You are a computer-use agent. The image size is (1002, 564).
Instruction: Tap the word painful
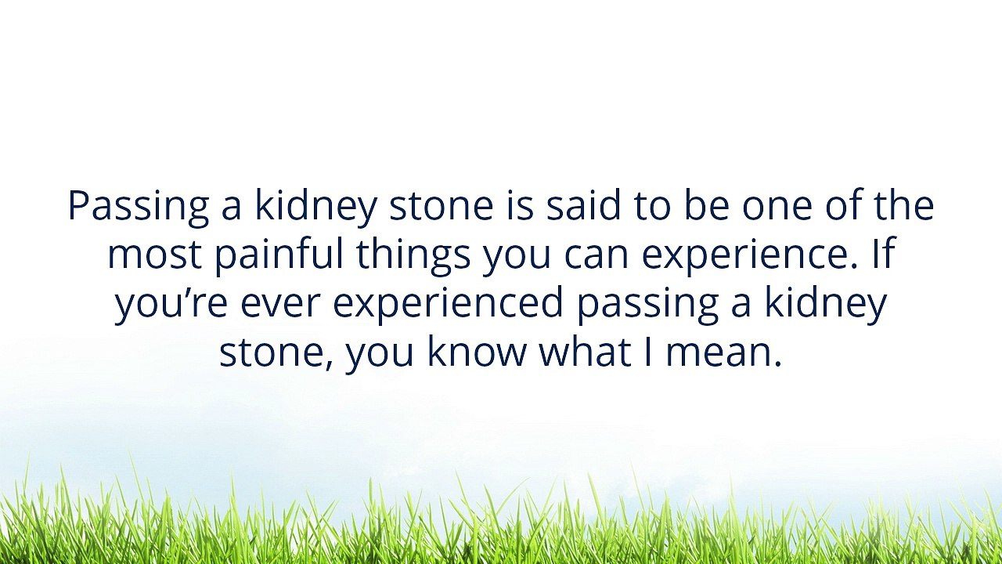279,255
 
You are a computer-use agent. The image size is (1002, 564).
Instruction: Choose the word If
882,255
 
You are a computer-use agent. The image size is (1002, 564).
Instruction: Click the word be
706,206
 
